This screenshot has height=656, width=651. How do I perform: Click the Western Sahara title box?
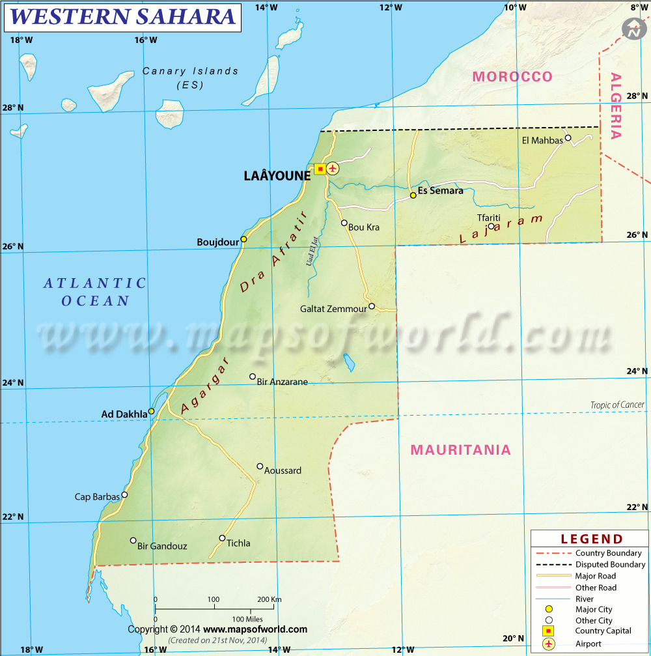point(122,17)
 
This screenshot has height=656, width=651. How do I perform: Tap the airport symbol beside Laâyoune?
point(333,169)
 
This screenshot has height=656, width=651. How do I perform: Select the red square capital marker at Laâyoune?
point(320,169)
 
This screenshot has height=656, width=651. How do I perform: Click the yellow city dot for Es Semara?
point(413,195)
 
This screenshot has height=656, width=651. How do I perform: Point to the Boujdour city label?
point(218,242)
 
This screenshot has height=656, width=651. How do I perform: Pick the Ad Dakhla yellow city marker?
point(151,411)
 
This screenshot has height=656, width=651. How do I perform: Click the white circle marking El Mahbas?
point(568,137)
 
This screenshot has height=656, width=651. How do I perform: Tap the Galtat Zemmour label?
point(333,309)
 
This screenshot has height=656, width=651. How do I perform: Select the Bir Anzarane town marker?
point(253,376)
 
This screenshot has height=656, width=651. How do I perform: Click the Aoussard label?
point(283,470)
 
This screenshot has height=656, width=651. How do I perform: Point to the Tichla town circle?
point(222,538)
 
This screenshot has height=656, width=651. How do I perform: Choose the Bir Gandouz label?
point(162,546)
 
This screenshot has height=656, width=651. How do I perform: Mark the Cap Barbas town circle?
point(124,494)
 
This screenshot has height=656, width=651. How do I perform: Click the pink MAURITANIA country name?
point(461,449)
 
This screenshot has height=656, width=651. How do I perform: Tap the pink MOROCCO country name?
point(512,76)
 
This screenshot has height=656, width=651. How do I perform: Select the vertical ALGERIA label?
point(616,106)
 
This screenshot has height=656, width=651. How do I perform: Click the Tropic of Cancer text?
point(617,405)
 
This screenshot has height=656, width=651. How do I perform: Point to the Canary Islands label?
point(190,78)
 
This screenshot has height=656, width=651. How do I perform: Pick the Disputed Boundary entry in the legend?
point(610,565)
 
